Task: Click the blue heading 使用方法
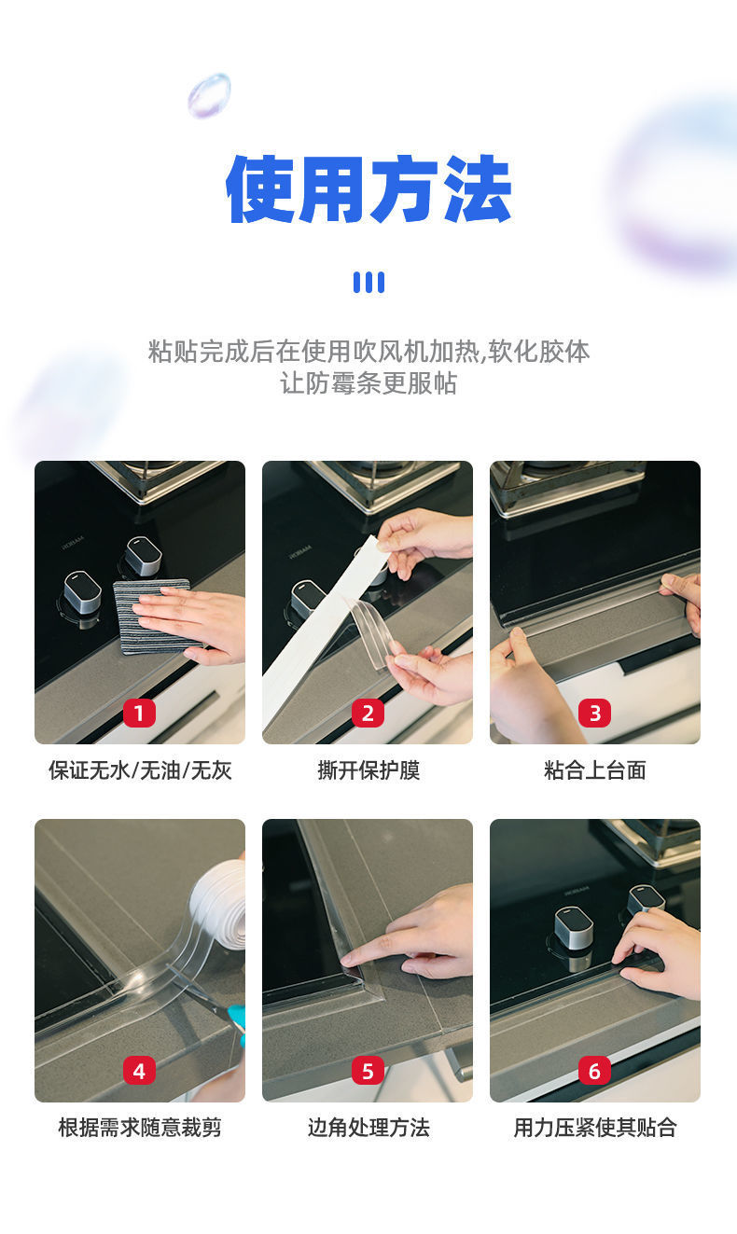[x=368, y=189]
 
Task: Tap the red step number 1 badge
[x=139, y=713]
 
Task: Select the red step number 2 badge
[x=368, y=713]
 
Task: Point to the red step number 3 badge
[x=595, y=713]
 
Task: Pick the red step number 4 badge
[x=139, y=1071]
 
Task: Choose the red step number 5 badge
[x=368, y=1071]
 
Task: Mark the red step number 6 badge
[x=595, y=1071]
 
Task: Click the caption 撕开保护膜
[x=368, y=770]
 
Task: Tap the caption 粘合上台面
[x=595, y=770]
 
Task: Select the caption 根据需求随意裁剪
[x=140, y=1128]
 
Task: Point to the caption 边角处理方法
[x=368, y=1128]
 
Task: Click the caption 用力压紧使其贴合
[x=595, y=1128]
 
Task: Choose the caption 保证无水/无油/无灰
[x=140, y=770]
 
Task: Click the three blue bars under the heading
[x=368, y=282]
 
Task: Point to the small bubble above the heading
[x=209, y=95]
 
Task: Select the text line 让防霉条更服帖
[x=368, y=383]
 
